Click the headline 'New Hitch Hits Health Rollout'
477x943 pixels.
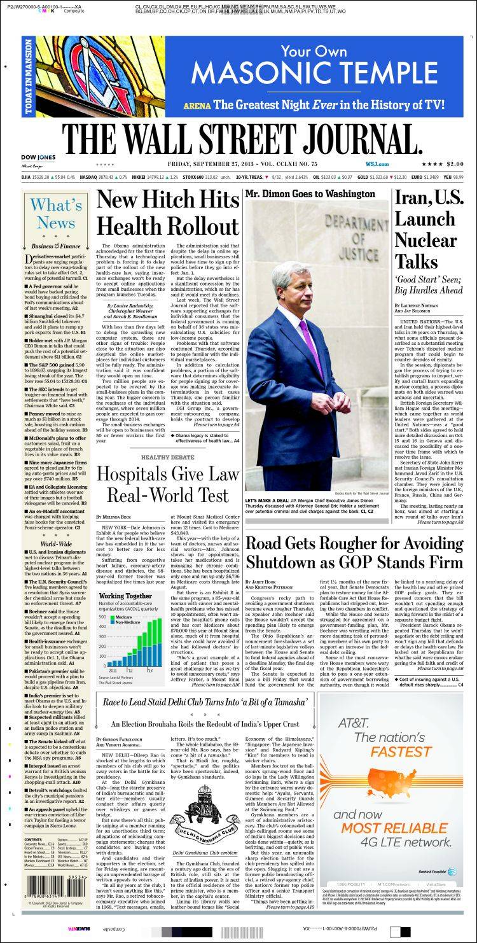click(168, 214)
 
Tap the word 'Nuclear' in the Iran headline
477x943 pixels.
click(425, 240)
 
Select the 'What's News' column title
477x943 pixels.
click(56, 214)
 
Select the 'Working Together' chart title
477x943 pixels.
click(125, 596)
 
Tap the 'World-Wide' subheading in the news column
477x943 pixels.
click(56, 545)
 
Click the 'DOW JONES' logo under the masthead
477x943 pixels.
click(38, 157)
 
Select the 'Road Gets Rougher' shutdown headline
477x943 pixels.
click(354, 552)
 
